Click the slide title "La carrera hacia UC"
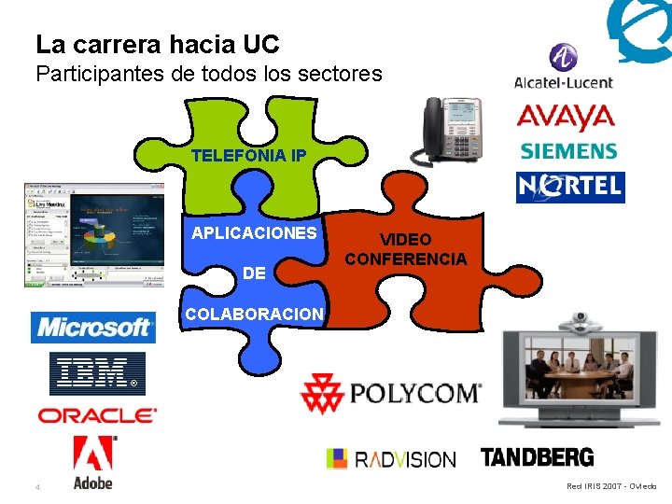157,43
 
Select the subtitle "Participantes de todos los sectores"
209,74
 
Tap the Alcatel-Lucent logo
563,67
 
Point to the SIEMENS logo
568,150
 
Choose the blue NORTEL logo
570,187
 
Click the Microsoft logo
93,328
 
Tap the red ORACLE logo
97,415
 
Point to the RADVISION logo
390,458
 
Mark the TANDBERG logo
537,457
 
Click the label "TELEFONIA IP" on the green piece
247,156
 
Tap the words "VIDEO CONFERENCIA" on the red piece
405,249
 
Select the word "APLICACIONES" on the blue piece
254,233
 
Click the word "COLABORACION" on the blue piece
254,315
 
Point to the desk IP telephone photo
453,131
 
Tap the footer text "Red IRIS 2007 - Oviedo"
611,486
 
